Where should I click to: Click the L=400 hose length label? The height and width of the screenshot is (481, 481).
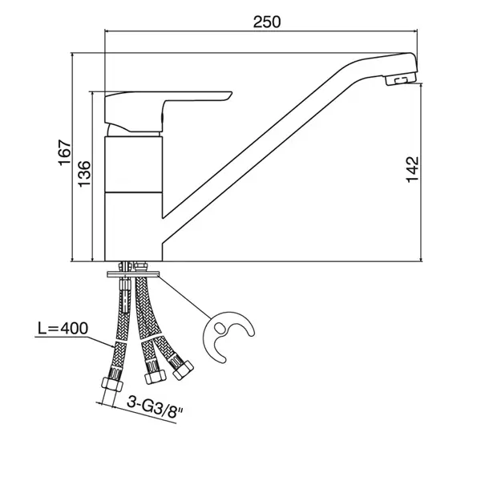pos(63,328)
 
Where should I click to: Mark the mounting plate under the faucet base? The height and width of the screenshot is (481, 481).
pos(133,274)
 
